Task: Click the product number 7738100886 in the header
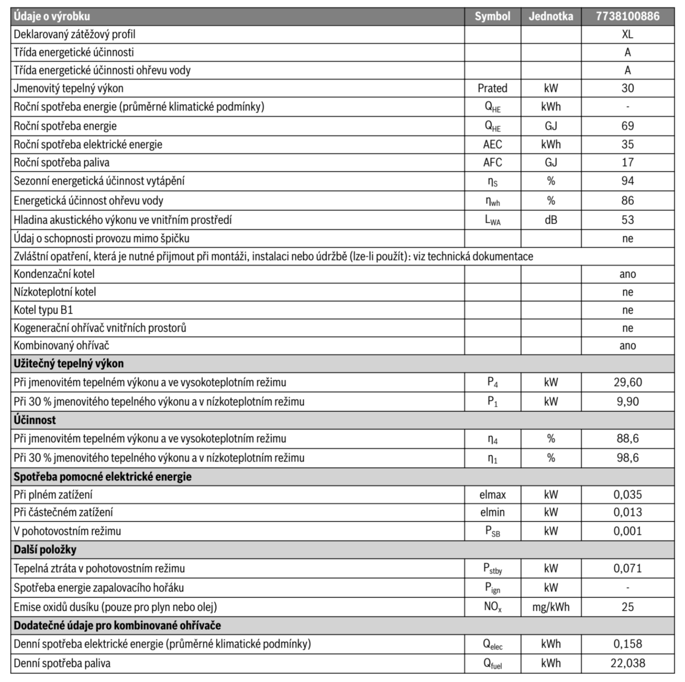click(627, 16)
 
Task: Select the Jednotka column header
click(550, 16)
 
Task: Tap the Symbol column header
click(492, 16)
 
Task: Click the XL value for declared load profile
click(627, 34)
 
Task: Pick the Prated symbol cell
click(492, 88)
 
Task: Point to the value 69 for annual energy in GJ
click(627, 126)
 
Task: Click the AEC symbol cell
click(492, 144)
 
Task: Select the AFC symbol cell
click(492, 162)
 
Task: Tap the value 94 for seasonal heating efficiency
click(627, 181)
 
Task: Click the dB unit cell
click(550, 220)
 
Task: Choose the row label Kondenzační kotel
click(54, 274)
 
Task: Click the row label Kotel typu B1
click(43, 310)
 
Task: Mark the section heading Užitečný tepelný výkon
click(68, 363)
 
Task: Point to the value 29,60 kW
click(627, 382)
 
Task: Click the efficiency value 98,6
click(627, 458)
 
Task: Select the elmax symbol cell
click(492, 495)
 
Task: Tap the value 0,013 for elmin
click(627, 512)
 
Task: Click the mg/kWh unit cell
click(550, 607)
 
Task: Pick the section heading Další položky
click(45, 549)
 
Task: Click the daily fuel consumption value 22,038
click(627, 663)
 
